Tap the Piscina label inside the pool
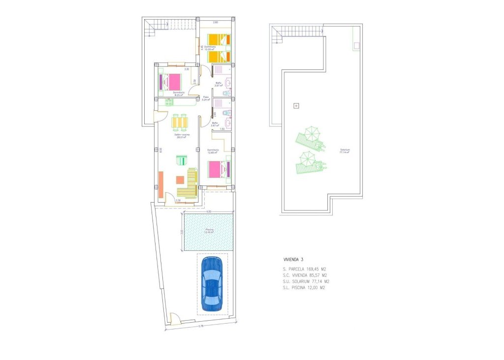click(210, 231)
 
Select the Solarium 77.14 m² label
click(344, 151)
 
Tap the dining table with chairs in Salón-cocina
click(180, 121)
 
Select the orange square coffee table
click(180, 180)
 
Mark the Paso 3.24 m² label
click(206, 98)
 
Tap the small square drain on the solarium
click(296, 105)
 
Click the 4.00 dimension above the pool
click(208, 211)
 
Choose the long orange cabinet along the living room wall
click(160, 184)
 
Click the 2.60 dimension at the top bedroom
click(216, 23)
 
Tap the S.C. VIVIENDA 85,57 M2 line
click(305, 275)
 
